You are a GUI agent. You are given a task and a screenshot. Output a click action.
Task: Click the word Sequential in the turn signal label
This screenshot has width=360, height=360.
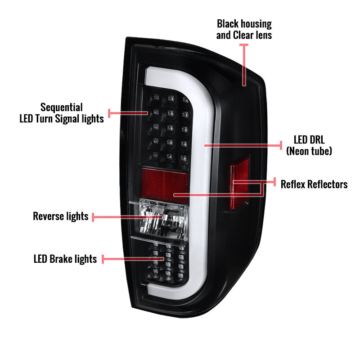point(62,108)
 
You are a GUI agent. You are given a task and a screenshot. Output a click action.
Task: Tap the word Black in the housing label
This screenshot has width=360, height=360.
point(228,24)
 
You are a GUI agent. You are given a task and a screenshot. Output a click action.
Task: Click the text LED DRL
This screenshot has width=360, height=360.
point(309,139)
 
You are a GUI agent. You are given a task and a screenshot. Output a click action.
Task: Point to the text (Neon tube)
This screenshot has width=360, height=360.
point(309,151)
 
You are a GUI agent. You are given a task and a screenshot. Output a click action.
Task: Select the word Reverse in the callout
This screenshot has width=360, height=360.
point(49,216)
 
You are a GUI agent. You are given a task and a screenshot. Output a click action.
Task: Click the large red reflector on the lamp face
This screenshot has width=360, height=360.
point(164,185)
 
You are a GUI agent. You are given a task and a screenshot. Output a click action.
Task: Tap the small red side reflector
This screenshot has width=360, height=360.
point(239,183)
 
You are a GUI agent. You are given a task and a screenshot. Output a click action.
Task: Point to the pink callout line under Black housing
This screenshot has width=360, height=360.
point(244,65)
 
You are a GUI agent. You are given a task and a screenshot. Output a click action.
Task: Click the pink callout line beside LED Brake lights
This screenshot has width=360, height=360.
point(133,259)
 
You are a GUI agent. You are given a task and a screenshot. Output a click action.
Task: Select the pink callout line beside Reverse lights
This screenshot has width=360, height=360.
point(127,217)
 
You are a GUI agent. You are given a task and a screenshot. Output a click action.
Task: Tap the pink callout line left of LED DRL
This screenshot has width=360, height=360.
point(243,145)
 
